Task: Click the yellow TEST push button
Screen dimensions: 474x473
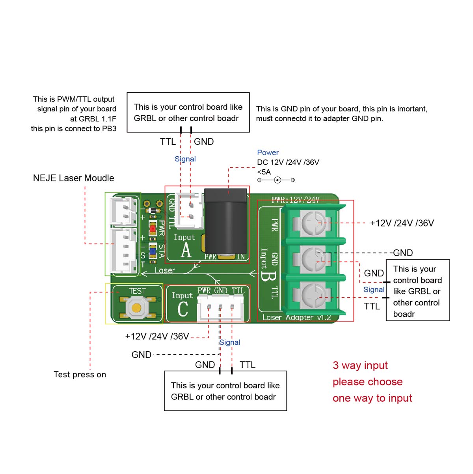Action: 136,307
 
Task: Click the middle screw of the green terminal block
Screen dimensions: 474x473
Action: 314,259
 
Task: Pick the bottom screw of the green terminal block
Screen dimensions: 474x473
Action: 314,295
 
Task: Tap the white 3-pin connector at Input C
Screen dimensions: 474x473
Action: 220,308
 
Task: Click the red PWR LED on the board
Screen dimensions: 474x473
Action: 153,228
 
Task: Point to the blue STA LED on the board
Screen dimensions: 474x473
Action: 153,251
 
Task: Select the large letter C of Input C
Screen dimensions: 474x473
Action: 182,309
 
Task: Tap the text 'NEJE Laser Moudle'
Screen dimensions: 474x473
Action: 73,178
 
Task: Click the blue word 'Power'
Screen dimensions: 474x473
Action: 268,153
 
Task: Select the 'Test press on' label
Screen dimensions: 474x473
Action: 80,375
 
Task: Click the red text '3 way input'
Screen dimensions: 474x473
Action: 360,365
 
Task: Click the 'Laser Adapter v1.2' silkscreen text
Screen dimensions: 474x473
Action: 296,317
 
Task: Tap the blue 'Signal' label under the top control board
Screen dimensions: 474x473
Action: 185,159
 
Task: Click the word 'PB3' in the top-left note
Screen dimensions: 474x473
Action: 109,129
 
